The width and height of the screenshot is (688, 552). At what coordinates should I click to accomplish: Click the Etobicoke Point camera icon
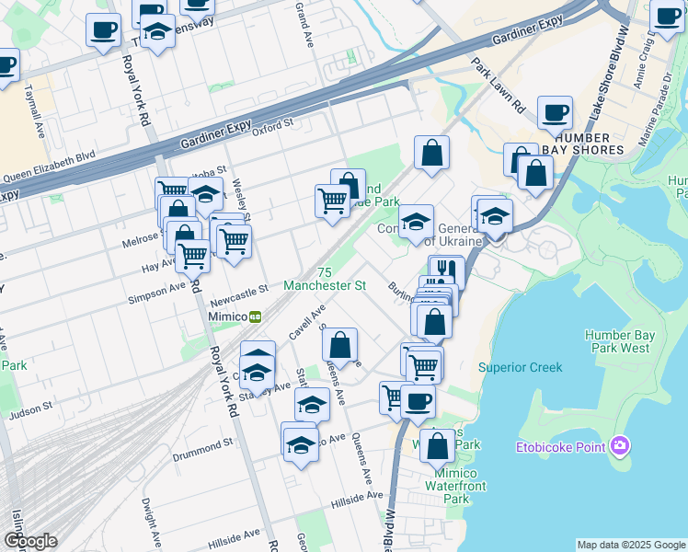point(621,446)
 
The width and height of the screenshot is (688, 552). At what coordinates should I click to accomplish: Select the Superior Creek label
point(520,367)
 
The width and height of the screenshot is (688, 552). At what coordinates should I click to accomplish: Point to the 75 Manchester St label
point(325,280)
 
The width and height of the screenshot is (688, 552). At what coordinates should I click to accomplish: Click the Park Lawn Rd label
point(497,86)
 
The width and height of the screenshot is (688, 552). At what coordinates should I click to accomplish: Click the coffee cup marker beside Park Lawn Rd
point(555,112)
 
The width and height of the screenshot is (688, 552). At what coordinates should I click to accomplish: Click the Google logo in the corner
point(30,541)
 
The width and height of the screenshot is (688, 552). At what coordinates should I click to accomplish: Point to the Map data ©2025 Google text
point(630,545)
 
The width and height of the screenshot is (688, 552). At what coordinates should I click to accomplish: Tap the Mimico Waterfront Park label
point(444,486)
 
